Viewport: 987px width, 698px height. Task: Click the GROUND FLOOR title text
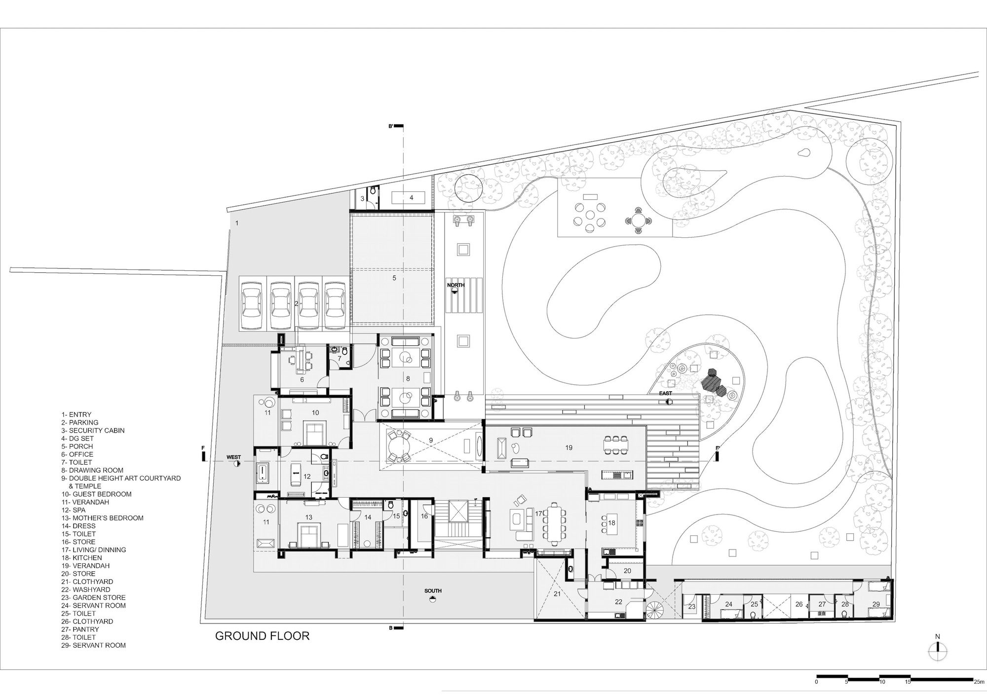click(x=262, y=636)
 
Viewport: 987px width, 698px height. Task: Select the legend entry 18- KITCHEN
click(x=81, y=557)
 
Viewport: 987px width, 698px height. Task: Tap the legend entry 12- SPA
click(x=73, y=510)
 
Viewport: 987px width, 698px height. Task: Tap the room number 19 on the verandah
click(x=569, y=447)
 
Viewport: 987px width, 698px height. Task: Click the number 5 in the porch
click(x=394, y=278)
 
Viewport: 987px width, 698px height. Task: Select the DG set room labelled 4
click(x=411, y=198)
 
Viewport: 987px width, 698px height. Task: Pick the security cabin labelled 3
click(x=362, y=199)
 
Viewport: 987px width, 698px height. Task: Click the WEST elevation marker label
click(x=233, y=457)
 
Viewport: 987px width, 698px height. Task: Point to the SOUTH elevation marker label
click(x=432, y=590)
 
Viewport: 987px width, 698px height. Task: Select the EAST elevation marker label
click(x=665, y=393)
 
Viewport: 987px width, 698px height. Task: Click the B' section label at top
click(x=391, y=126)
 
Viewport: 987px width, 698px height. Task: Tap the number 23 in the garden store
click(x=692, y=607)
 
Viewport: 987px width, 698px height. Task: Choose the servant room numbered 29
click(x=876, y=604)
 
